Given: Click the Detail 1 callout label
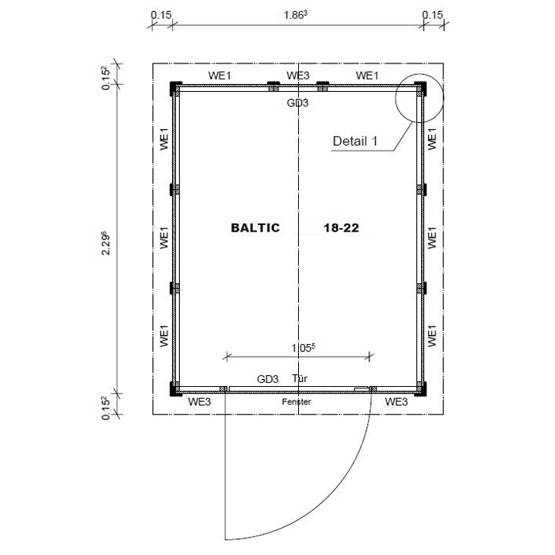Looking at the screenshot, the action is point(355,141).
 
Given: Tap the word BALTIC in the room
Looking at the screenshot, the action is point(255,228).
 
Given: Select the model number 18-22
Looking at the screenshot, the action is point(341,228).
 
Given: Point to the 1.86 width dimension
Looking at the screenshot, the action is point(296,15).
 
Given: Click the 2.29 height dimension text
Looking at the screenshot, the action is point(105,243).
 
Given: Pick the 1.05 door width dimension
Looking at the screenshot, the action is point(303,348).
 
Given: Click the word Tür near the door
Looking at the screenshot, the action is point(300,378).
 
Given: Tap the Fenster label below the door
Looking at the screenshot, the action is point(297,402).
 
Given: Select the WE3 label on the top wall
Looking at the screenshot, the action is point(297,75).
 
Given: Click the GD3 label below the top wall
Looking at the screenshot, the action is point(297,102).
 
